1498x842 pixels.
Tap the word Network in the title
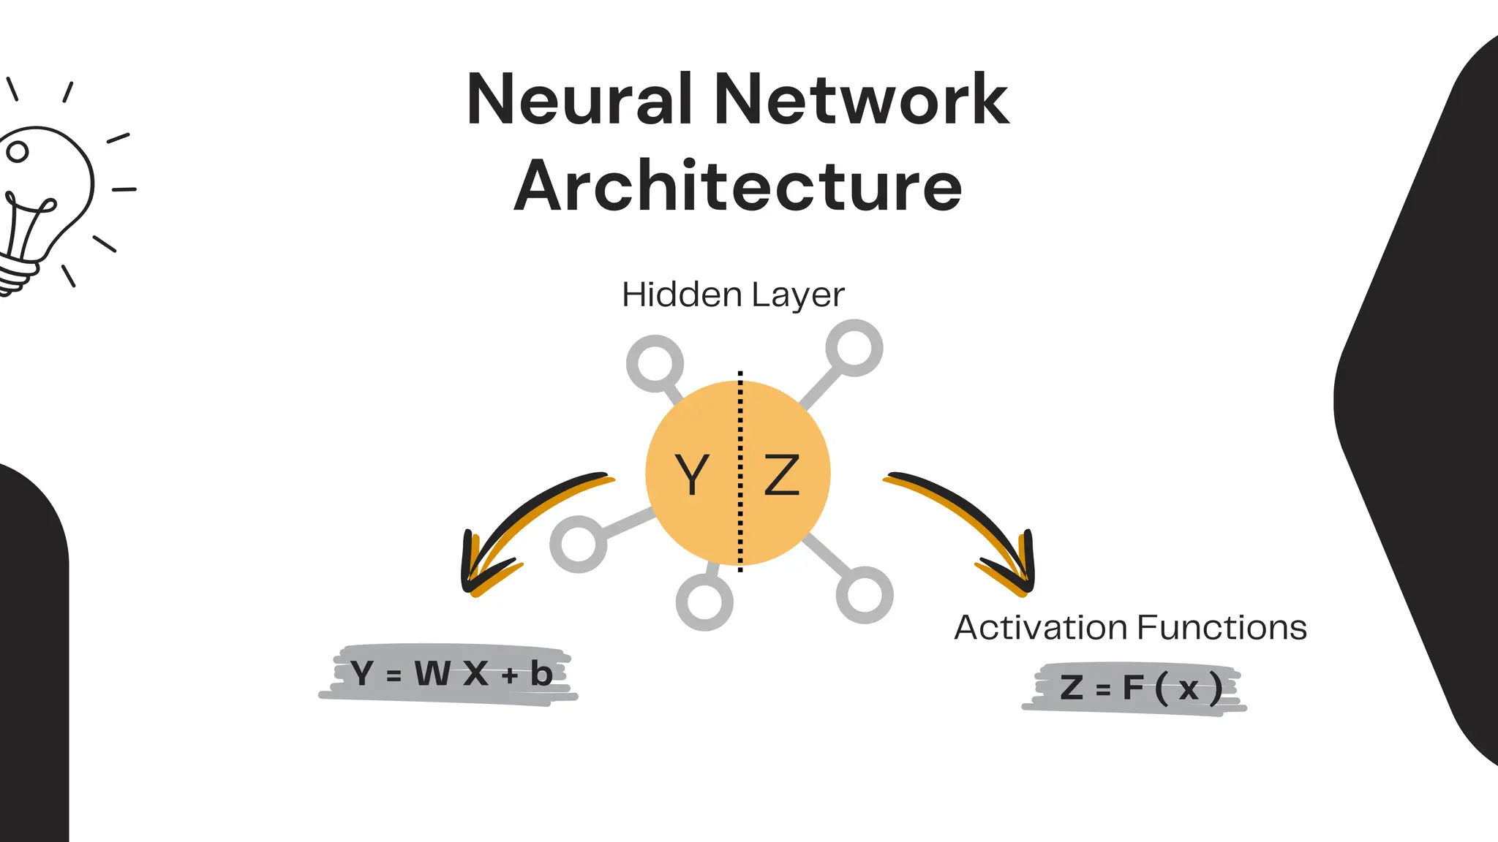pyautogui.click(x=861, y=100)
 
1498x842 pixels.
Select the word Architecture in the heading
pyautogui.click(x=737, y=186)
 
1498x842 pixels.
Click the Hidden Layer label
pyautogui.click(x=733, y=295)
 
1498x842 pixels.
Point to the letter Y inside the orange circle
pyautogui.click(x=691, y=475)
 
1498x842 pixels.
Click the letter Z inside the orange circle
pyautogui.click(x=782, y=475)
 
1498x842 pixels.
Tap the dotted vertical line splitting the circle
pyautogui.click(x=740, y=512)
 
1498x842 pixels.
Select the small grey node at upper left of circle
pyautogui.click(x=655, y=363)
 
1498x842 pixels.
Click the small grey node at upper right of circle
pyautogui.click(x=854, y=348)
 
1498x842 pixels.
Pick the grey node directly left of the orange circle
pyautogui.click(x=578, y=544)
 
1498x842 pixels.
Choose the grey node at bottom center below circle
pyautogui.click(x=704, y=602)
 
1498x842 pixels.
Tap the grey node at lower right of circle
pyautogui.click(x=865, y=594)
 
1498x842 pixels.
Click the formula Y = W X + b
pyautogui.click(x=450, y=674)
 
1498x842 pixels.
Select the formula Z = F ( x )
pyautogui.click(x=1140, y=688)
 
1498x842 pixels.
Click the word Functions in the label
pyautogui.click(x=1222, y=628)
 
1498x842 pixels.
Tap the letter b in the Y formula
pyautogui.click(x=541, y=674)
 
